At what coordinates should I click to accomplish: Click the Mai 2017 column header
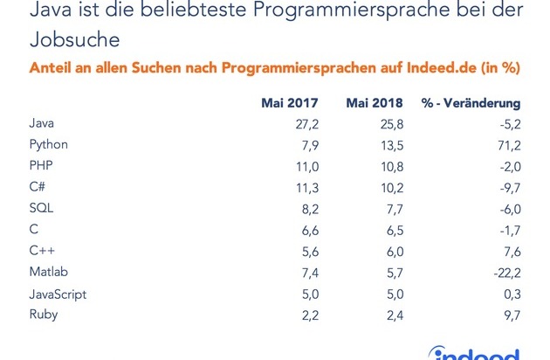290,105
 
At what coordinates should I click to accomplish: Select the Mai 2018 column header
375,105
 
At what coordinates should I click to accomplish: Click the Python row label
49,143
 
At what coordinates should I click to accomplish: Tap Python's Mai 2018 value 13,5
392,143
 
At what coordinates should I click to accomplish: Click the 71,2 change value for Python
508,143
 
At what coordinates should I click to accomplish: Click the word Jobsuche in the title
70,40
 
